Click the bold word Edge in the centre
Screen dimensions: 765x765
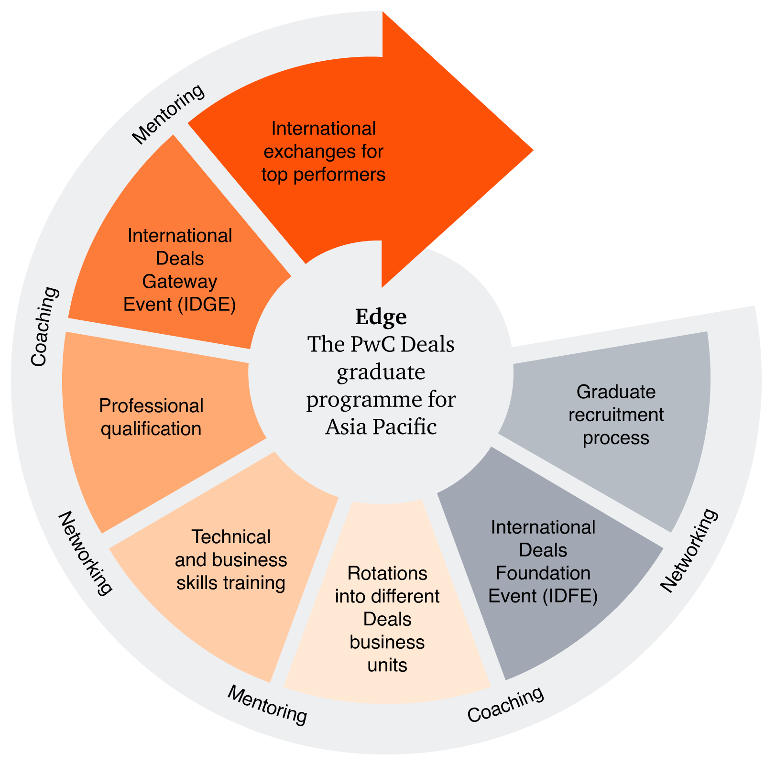[x=381, y=317]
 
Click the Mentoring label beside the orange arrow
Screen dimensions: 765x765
[x=168, y=114]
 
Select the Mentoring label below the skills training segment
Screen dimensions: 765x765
[x=267, y=704]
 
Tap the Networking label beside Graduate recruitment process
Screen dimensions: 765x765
[x=689, y=550]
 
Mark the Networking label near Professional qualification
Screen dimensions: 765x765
[x=86, y=553]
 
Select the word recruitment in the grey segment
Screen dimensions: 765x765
[x=616, y=415]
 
